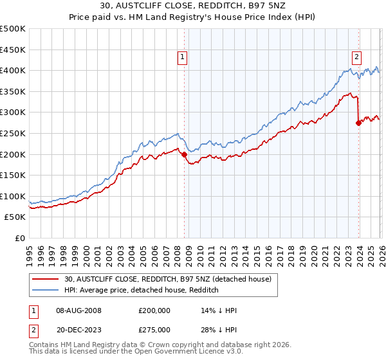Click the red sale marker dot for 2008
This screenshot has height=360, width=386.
coord(185,154)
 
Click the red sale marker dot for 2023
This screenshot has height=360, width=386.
coord(359,123)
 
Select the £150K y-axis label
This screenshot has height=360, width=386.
coord(14,175)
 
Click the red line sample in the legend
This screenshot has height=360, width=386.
coord(46,279)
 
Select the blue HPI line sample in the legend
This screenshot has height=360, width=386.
coord(46,290)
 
